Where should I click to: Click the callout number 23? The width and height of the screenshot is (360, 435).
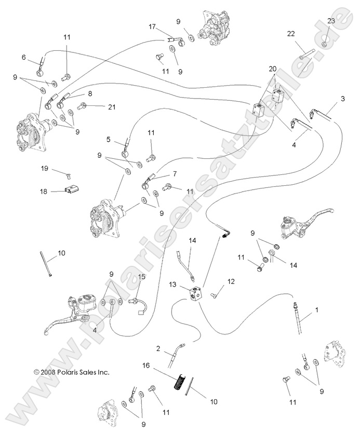(x=331, y=21)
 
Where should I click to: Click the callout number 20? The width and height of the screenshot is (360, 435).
(x=273, y=69)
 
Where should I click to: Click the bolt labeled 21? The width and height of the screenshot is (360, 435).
(x=82, y=106)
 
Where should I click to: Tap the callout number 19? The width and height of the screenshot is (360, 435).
(x=45, y=168)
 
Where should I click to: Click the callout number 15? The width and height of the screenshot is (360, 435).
(x=141, y=276)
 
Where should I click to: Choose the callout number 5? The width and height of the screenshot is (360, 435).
(x=109, y=139)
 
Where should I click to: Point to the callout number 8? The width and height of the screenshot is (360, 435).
(x=90, y=94)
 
